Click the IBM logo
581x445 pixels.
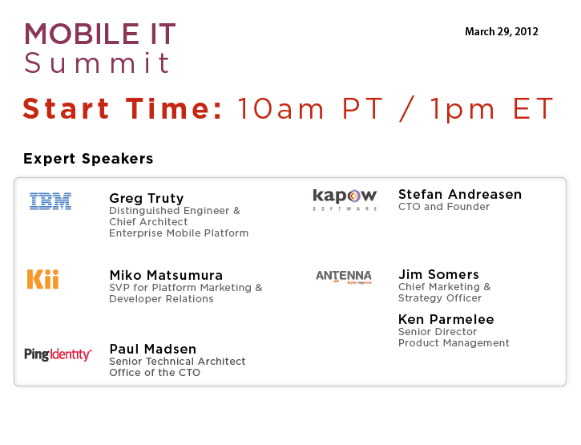50,201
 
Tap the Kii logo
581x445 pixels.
43,279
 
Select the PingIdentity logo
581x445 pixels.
58,354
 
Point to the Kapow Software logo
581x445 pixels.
345,200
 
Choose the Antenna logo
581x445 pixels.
344,277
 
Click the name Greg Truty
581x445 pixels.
147,198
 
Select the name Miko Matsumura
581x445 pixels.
166,275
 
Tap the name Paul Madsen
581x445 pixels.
152,349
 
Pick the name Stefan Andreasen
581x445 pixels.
460,194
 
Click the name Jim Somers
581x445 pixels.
438,274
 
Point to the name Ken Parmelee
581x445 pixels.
446,319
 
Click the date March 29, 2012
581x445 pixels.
502,32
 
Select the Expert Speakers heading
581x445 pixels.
88,159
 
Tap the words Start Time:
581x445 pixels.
123,108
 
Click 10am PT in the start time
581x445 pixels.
310,109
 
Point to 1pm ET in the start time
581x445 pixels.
492,109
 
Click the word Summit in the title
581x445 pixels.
97,63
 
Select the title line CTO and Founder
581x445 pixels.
444,207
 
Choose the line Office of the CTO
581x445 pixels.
155,372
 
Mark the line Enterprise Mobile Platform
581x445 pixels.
179,233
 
